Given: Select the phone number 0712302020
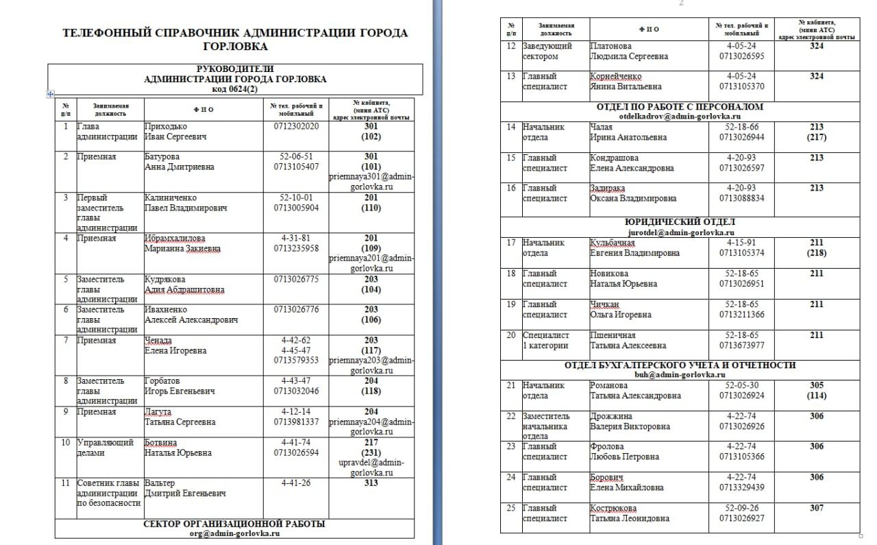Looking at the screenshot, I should [x=296, y=127].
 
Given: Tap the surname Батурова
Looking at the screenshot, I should [x=164, y=157].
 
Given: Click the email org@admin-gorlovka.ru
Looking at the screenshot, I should [x=234, y=533].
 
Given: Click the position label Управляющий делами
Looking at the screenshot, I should [x=96, y=447].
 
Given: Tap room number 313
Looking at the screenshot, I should [x=371, y=483].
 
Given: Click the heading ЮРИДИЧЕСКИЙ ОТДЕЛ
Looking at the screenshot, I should [x=680, y=222].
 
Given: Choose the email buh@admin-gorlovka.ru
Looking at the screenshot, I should [x=679, y=375].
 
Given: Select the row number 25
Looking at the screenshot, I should [x=510, y=509].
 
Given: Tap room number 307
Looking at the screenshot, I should [x=816, y=509].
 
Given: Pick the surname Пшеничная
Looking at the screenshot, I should [x=613, y=335].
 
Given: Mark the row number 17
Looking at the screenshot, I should [x=510, y=243].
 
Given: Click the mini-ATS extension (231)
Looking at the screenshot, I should [x=371, y=452].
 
